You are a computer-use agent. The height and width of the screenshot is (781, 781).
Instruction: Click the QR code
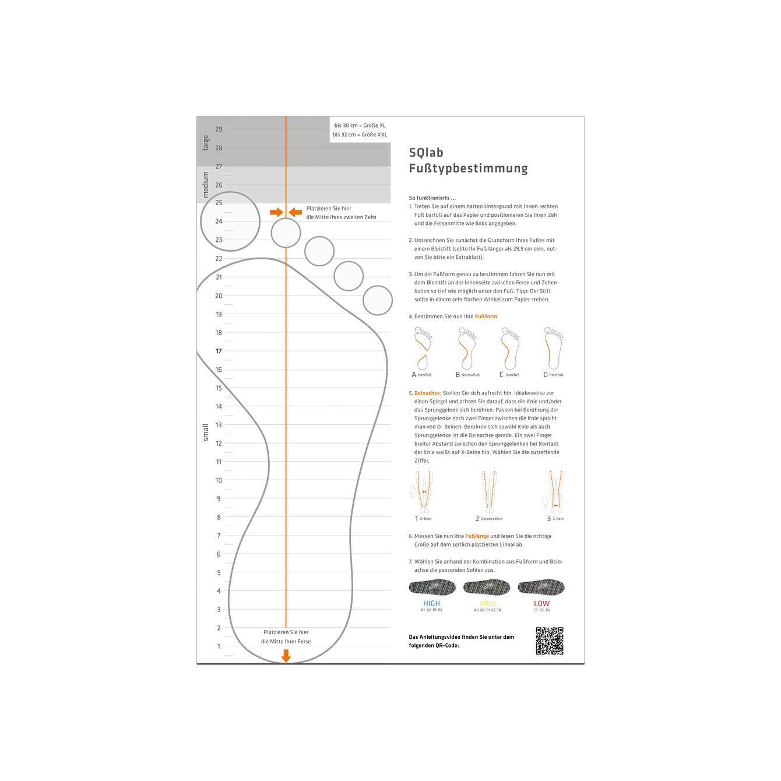(550, 641)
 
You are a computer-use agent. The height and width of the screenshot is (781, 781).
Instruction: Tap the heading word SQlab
(426, 153)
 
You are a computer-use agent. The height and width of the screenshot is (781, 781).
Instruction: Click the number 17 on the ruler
(219, 351)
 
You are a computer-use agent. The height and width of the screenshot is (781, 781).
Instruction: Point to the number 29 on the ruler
(219, 129)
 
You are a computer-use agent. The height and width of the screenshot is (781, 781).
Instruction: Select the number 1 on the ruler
(219, 646)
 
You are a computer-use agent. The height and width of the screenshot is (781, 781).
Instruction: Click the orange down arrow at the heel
(286, 656)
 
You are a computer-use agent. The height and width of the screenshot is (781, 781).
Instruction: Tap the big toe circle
(230, 221)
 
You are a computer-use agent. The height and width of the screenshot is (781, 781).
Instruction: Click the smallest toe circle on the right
(378, 300)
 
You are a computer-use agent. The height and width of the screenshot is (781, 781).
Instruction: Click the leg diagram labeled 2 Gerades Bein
(489, 492)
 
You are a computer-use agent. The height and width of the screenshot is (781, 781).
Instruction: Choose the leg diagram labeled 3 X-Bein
(555, 492)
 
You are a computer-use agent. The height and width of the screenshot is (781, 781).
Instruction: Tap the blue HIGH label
(431, 603)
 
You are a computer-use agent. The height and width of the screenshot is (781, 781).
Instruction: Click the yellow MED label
(488, 603)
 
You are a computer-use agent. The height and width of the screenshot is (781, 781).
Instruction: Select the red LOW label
(541, 603)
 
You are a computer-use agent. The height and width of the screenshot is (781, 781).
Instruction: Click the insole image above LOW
(541, 587)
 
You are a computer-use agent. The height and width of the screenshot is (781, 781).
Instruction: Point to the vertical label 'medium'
(206, 184)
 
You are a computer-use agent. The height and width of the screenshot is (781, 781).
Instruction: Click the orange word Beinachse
(427, 393)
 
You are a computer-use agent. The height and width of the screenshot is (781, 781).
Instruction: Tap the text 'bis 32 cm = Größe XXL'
(360, 135)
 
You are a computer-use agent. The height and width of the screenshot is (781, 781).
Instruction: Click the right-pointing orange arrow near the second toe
(276, 212)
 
